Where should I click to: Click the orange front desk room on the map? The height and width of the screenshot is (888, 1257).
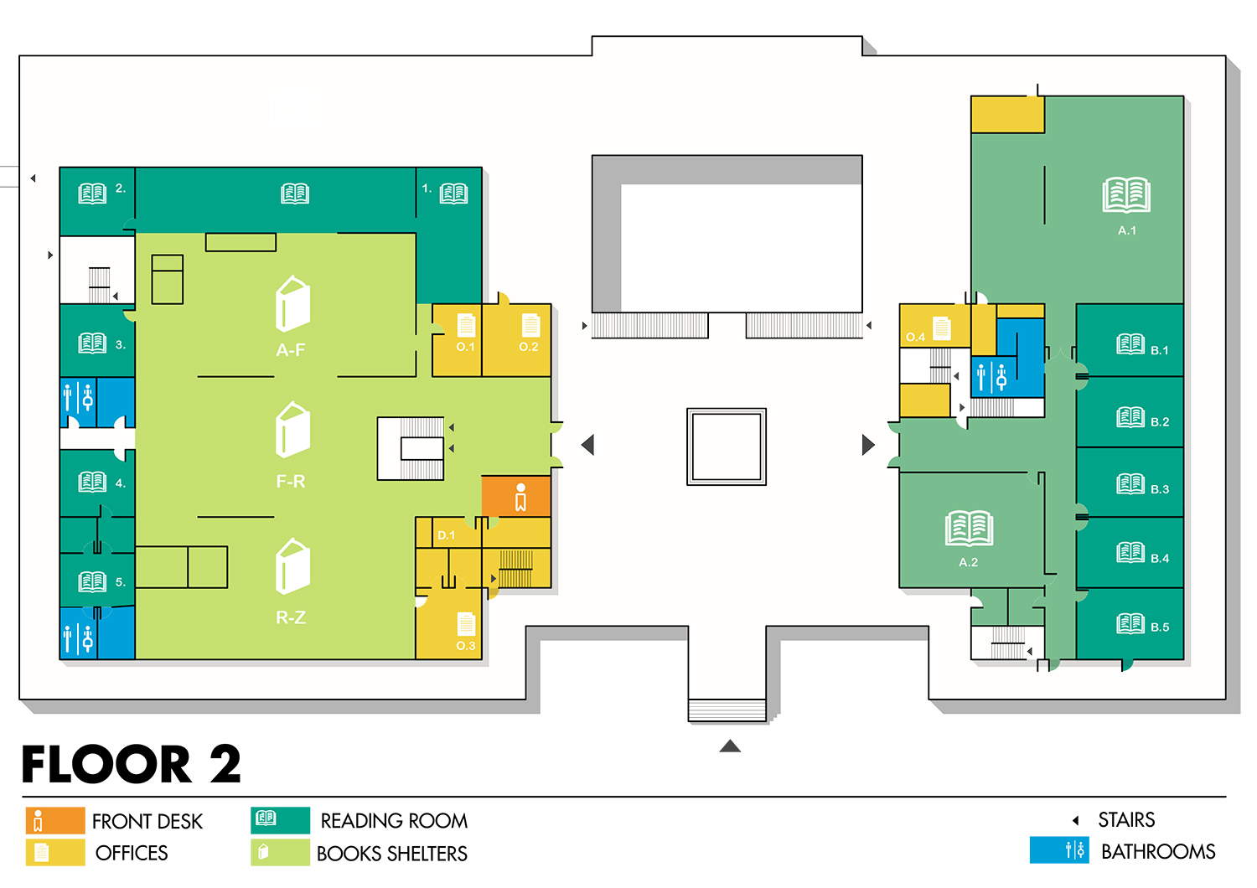516,496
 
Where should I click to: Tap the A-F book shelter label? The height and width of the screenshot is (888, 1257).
291,350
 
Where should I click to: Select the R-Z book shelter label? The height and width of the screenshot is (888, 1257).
291,617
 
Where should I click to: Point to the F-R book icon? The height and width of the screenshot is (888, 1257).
292,430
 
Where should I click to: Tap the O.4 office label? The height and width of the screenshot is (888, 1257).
915,338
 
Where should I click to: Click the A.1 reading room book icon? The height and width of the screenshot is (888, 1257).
1126,194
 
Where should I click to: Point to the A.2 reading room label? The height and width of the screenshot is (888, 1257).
968,562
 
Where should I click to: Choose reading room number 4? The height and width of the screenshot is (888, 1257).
96,482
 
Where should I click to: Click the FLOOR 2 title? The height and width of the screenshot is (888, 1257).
132,764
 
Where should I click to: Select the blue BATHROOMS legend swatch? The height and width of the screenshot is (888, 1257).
1059,850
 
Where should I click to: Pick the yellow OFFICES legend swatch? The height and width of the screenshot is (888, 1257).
55,853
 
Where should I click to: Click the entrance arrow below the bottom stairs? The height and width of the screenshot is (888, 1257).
730,746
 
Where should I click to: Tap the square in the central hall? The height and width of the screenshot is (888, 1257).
727,447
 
